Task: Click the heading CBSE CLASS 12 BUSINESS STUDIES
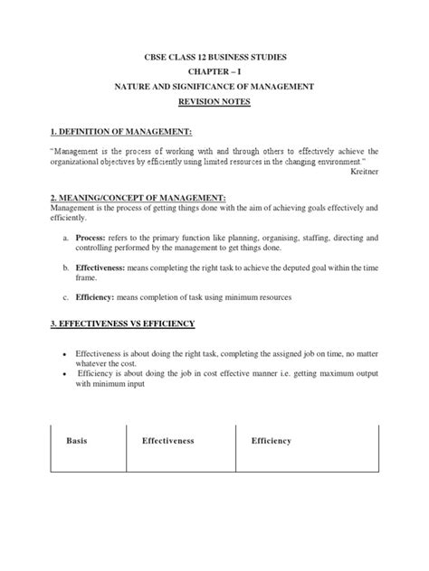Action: point(214,57)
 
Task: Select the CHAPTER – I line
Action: point(214,71)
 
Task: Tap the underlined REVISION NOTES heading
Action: point(214,101)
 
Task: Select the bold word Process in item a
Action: point(93,236)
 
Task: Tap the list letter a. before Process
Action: point(67,236)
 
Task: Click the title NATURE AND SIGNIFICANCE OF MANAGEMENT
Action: point(214,86)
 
